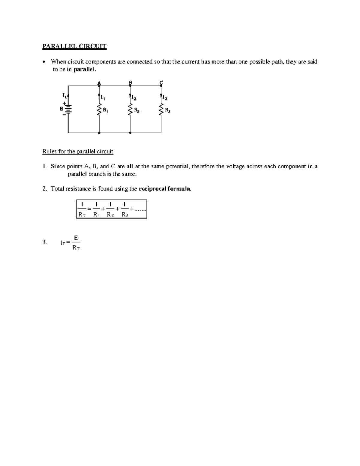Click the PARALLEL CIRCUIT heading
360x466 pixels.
tap(74, 46)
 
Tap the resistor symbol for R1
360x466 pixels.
tap(99, 110)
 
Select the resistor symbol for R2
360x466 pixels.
tap(130, 110)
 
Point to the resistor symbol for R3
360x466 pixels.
tap(161, 110)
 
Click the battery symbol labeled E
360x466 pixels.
tap(68, 110)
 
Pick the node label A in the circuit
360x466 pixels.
tap(99, 83)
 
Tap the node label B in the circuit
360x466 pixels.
tap(130, 82)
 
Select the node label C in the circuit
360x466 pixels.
tap(161, 82)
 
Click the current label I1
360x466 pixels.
tap(103, 98)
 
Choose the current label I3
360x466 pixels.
tap(165, 98)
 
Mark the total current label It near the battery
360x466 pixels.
tap(64, 95)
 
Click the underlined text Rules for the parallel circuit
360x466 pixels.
tap(78, 152)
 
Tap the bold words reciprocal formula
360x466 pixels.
tap(165, 189)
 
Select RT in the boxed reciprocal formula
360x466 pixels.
tap(82, 215)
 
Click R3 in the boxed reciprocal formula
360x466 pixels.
tap(125, 215)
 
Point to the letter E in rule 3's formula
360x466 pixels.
tap(76, 238)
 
